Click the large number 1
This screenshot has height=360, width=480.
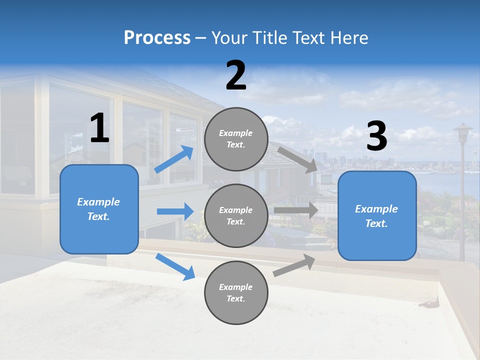[99, 128]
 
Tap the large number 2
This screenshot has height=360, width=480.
[236, 75]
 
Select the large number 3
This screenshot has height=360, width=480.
[376, 136]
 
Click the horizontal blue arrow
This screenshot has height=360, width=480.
[175, 211]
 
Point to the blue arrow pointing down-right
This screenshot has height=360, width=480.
[175, 266]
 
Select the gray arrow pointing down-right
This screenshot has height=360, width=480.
[298, 159]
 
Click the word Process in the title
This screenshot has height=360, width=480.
[157, 37]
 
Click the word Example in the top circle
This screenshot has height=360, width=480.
[236, 133]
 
